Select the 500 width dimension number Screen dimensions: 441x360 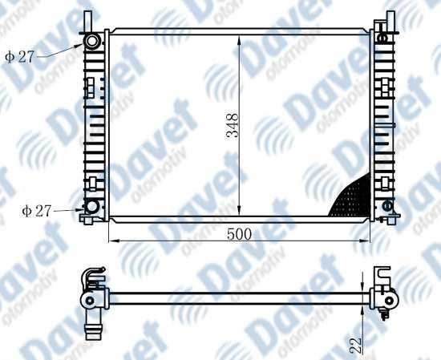click(239, 234)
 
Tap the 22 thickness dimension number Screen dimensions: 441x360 click(355, 345)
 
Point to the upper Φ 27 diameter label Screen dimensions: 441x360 click(19, 57)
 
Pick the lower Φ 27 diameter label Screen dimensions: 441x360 click(37, 211)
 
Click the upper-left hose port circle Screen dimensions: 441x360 click(91, 41)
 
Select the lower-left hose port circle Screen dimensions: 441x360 click(91, 207)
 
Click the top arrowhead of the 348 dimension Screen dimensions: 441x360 click(239, 40)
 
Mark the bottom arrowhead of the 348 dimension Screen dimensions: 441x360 click(239, 210)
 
